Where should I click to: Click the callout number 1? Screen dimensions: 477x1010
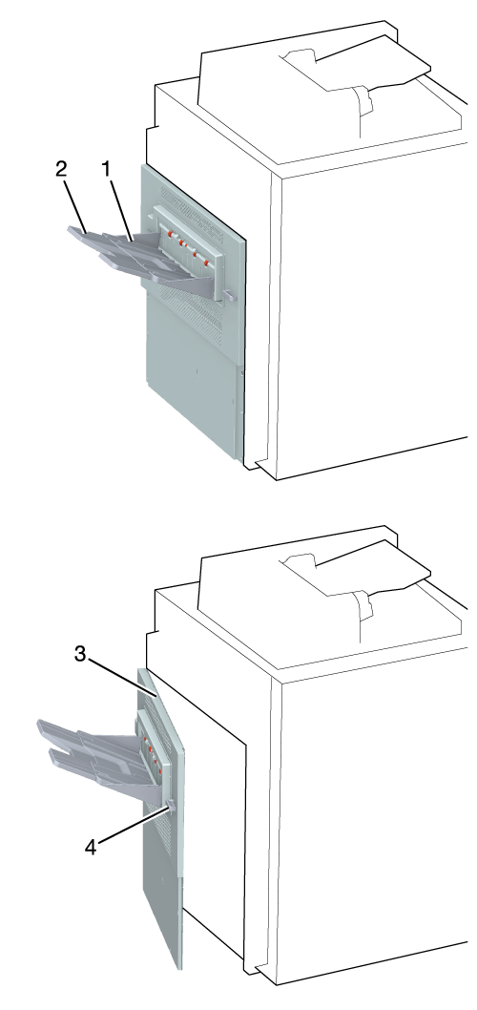click(x=106, y=170)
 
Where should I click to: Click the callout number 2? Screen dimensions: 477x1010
click(x=61, y=170)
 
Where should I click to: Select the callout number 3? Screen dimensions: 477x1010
click(x=80, y=655)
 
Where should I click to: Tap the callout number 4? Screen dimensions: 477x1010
click(x=91, y=848)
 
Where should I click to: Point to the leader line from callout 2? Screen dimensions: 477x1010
click(x=75, y=203)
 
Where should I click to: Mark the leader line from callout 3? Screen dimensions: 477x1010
click(x=122, y=676)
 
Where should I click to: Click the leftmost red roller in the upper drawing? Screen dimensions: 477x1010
click(x=171, y=234)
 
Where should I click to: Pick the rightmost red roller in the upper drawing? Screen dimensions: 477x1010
click(x=206, y=263)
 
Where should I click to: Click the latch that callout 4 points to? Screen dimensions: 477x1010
click(x=170, y=804)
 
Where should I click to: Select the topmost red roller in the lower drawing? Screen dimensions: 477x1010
click(x=145, y=734)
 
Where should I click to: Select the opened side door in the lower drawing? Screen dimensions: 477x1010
click(x=161, y=818)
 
